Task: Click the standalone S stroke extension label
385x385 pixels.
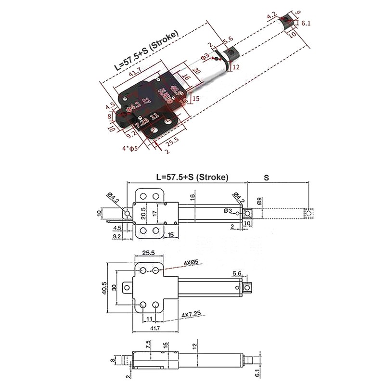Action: pos(266,177)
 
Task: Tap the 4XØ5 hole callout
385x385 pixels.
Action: pos(192,262)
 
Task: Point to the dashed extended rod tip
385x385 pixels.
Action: pos(308,213)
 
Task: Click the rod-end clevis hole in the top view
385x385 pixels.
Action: pos(248,213)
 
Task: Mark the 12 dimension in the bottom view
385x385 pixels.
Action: pos(194,346)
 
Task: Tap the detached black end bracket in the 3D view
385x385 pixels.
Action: pos(288,20)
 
